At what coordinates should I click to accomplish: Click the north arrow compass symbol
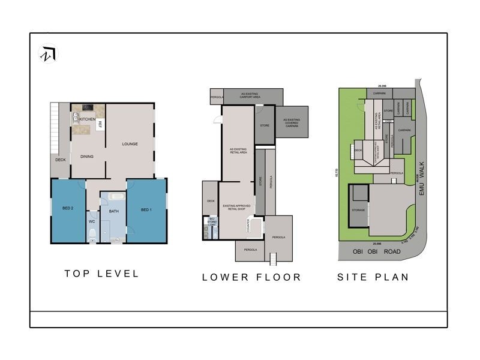pyautogui.click(x=49, y=54)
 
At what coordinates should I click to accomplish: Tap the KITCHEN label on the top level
pyautogui.click(x=88, y=119)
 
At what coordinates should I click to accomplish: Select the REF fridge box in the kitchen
pyautogui.click(x=100, y=125)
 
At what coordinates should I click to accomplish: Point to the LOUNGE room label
pyautogui.click(x=130, y=144)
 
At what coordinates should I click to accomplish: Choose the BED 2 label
pyautogui.click(x=68, y=209)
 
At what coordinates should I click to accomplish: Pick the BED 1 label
pyautogui.click(x=146, y=209)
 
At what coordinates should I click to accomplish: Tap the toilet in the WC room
pyautogui.click(x=92, y=238)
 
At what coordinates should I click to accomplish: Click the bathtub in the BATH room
pyautogui.click(x=116, y=197)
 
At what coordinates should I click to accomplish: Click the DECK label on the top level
pyautogui.click(x=60, y=160)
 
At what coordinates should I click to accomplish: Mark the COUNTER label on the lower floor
pyautogui.click(x=248, y=226)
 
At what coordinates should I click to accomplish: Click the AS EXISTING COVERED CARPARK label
pyautogui.click(x=292, y=122)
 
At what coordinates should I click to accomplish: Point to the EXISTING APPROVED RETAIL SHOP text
pyautogui.click(x=236, y=208)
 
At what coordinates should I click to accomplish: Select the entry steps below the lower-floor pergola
pyautogui.click(x=274, y=259)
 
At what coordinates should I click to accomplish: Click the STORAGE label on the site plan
pyautogui.click(x=359, y=210)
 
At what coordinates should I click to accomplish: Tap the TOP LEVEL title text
pyautogui.click(x=101, y=274)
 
